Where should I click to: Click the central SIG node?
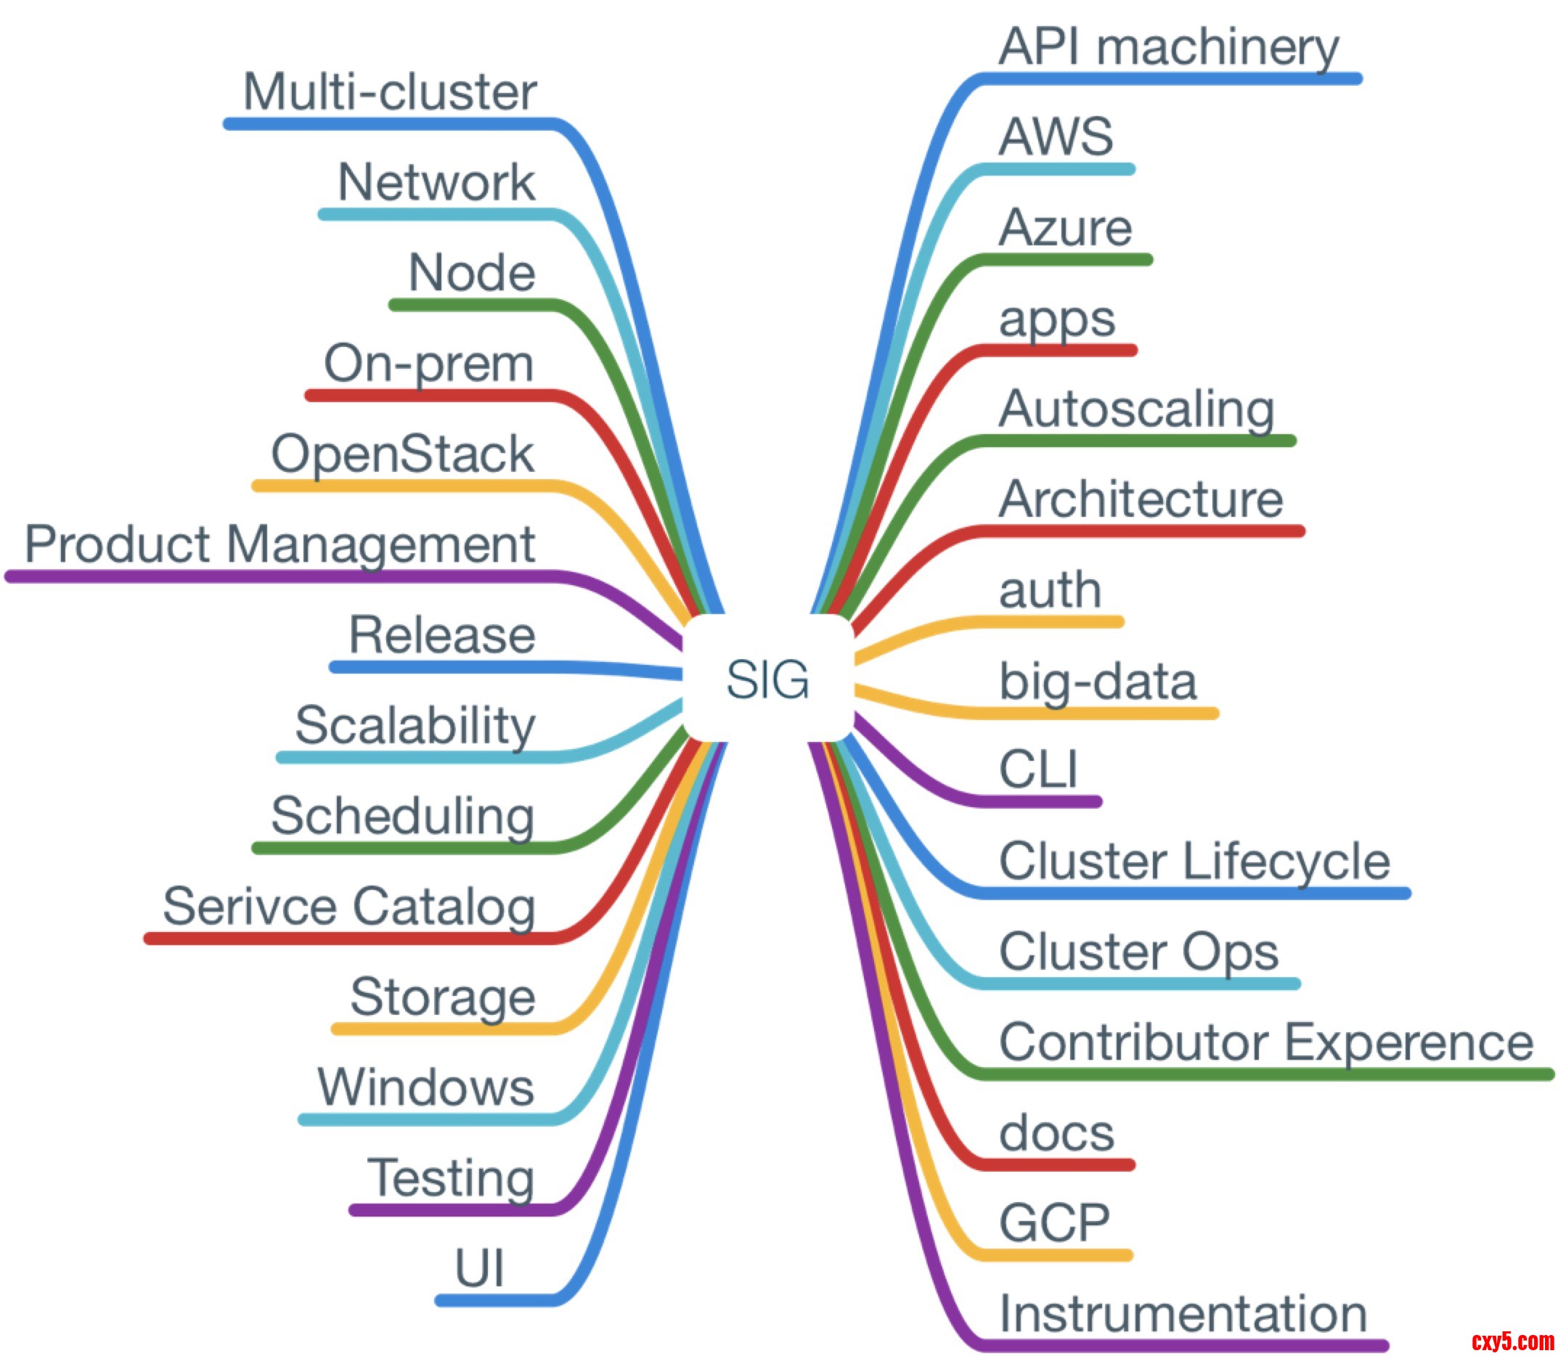[767, 679]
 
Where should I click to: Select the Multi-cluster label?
[389, 92]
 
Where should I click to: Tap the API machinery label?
[1167, 47]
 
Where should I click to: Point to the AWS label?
[1056, 137]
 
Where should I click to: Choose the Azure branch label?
[1064, 228]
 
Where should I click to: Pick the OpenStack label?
[401, 454]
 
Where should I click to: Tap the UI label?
[478, 1268]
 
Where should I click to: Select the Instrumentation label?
[1182, 1314]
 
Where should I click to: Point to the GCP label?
[1054, 1223]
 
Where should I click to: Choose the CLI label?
[1037, 770]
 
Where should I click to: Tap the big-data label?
[1097, 681]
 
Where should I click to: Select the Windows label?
[425, 1087]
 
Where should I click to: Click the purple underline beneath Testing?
[454, 1210]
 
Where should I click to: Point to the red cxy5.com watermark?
[1512, 1341]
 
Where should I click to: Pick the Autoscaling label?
[1135, 410]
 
